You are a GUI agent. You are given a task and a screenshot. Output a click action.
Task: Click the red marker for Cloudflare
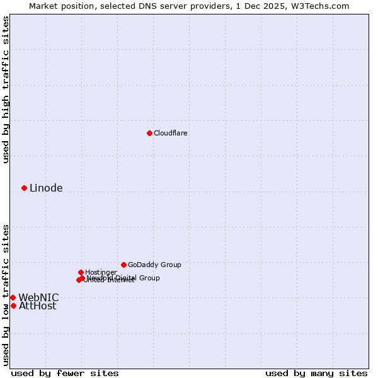pos(149,133)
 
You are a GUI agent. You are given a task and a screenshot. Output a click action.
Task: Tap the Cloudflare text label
pos(171,133)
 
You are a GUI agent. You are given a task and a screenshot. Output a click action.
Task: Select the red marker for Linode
pos(24,188)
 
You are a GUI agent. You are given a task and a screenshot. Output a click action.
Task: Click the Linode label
pos(46,188)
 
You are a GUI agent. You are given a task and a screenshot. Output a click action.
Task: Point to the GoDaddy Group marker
pos(123,265)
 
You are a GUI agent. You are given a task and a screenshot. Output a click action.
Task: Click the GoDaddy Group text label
pos(154,265)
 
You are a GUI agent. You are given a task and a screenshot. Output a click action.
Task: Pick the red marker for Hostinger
pos(81,272)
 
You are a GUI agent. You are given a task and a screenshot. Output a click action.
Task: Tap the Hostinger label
pos(101,272)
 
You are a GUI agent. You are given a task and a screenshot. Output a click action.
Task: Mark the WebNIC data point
pos(13,297)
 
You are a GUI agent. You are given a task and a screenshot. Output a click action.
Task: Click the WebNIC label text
pos(38,297)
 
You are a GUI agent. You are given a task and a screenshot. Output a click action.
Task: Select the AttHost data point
pos(13,306)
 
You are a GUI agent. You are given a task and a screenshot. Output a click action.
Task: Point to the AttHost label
pos(37,306)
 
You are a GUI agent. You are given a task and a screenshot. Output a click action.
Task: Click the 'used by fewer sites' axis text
pos(65,373)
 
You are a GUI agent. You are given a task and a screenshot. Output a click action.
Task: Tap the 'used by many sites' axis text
pos(316,373)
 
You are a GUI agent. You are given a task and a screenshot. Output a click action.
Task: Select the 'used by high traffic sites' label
pos(6,89)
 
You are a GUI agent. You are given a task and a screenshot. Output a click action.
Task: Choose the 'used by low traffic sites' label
pos(6,294)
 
